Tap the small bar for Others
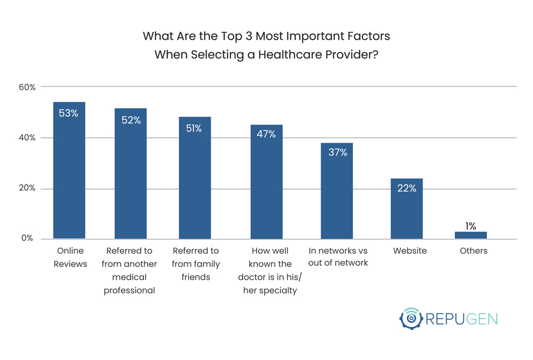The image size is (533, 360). pyautogui.click(x=471, y=235)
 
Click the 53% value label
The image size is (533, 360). pyautogui.click(x=68, y=113)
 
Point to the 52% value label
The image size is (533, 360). pyautogui.click(x=131, y=120)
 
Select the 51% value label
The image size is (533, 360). pyautogui.click(x=194, y=128)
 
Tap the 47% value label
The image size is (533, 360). pyautogui.click(x=266, y=134)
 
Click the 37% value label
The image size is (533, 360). pyautogui.click(x=337, y=152)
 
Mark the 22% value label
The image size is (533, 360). pyautogui.click(x=406, y=188)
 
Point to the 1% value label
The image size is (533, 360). pyautogui.click(x=471, y=226)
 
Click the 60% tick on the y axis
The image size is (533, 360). pyautogui.click(x=27, y=87)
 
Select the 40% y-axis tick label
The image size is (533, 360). pyautogui.click(x=27, y=137)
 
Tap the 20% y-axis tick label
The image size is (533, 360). pyautogui.click(x=27, y=188)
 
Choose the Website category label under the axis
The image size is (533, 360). pyautogui.click(x=410, y=251)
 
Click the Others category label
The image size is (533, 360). pyautogui.click(x=474, y=251)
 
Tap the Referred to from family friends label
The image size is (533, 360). pyautogui.click(x=195, y=264)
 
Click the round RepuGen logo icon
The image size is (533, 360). pyautogui.click(x=411, y=319)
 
